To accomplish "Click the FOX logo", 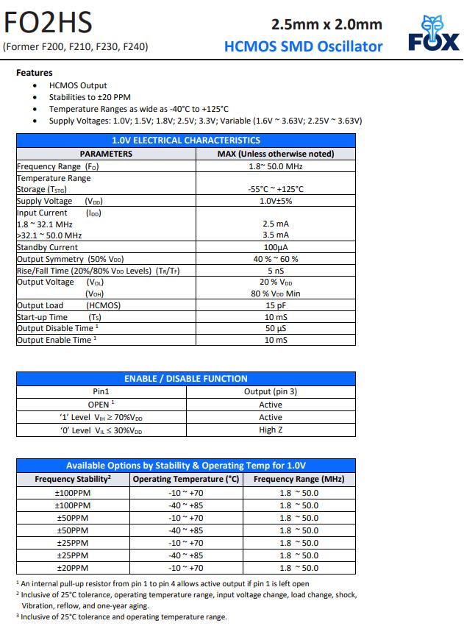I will point(433,34).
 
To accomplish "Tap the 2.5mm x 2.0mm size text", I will point(326,24).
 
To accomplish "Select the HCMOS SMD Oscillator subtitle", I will point(303,46).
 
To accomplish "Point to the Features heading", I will point(35,73).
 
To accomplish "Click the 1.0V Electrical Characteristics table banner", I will point(185,140).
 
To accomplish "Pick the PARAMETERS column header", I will point(106,154).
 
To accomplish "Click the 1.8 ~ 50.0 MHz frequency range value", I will point(276,166).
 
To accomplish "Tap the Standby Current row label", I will point(47,247).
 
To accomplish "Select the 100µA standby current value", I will point(276,247).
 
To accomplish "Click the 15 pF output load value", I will point(276,305).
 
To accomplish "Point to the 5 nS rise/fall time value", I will point(276,271).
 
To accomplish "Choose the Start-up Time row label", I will point(42,317).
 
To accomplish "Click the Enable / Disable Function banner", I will point(185,379).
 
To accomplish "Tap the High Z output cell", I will point(271,430).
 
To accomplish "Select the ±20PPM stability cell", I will point(72,568).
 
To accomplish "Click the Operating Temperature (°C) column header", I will point(186,479).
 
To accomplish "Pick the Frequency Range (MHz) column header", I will point(299,479).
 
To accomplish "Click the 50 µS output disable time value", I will point(276,328).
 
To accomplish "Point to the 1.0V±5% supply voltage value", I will point(276,201).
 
